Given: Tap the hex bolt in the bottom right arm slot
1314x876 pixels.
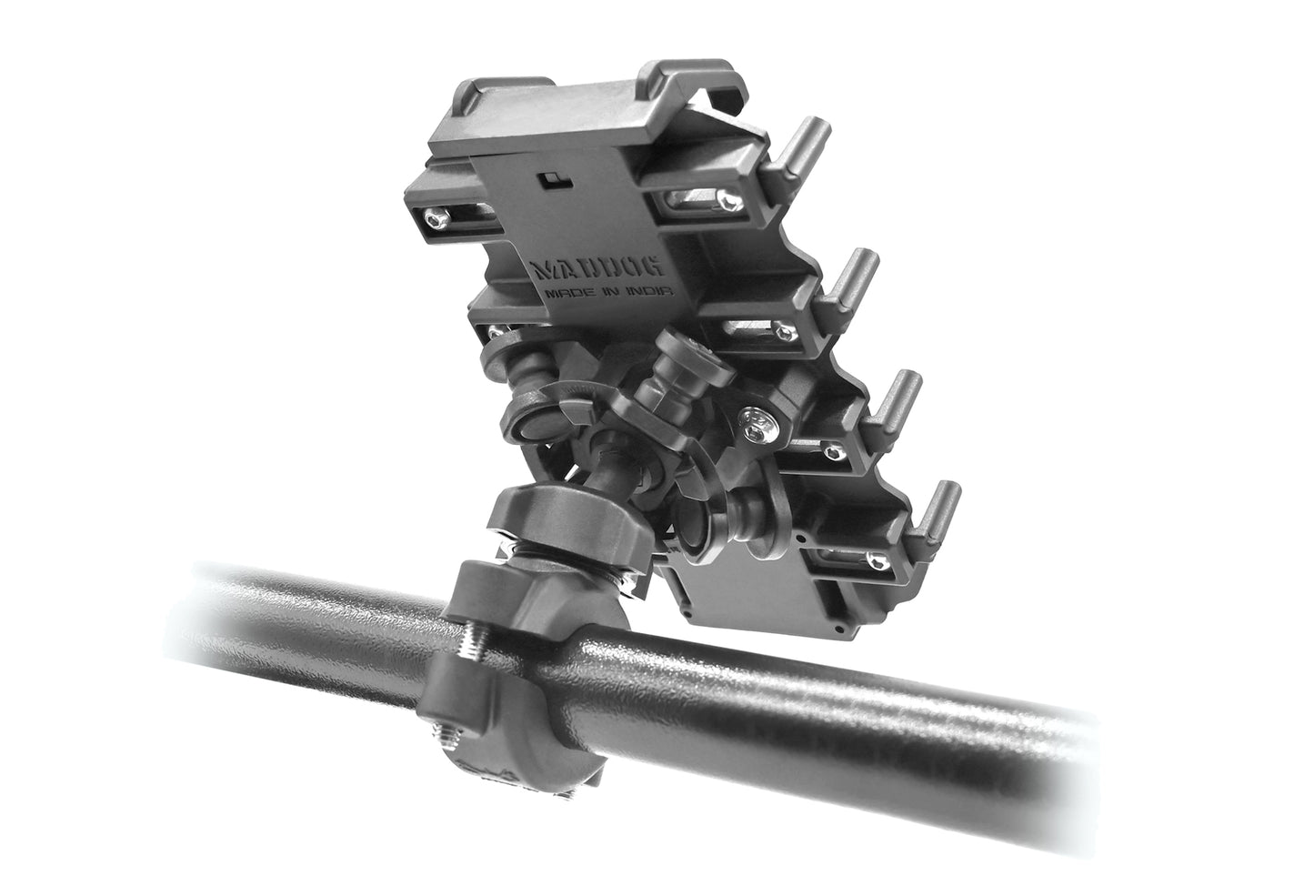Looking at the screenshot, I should tap(876, 562).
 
